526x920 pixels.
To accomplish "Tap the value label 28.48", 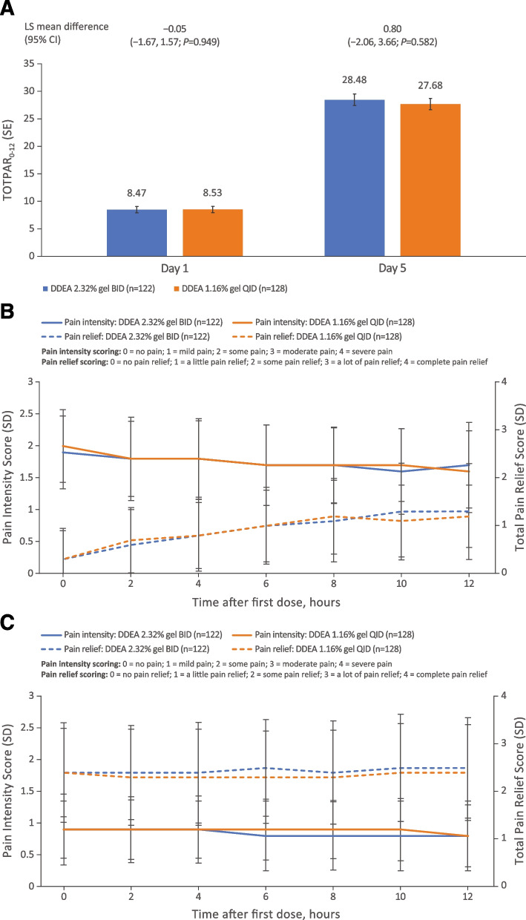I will pos(355,85).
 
